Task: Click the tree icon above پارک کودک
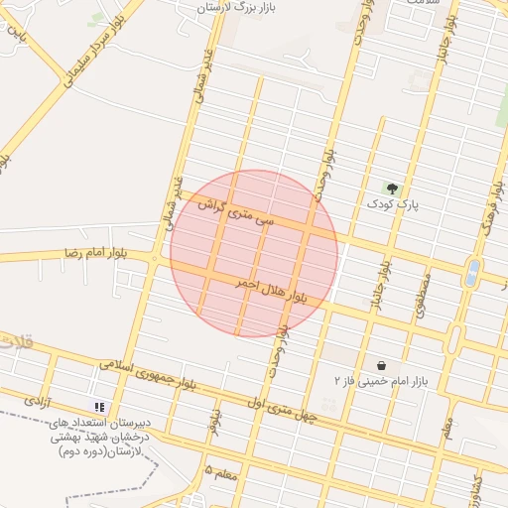click(391, 188)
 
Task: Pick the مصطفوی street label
click(424, 294)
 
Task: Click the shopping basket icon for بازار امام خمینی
click(381, 364)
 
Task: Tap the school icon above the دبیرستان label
click(99, 407)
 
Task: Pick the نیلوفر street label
click(214, 421)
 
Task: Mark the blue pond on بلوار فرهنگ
click(472, 270)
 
